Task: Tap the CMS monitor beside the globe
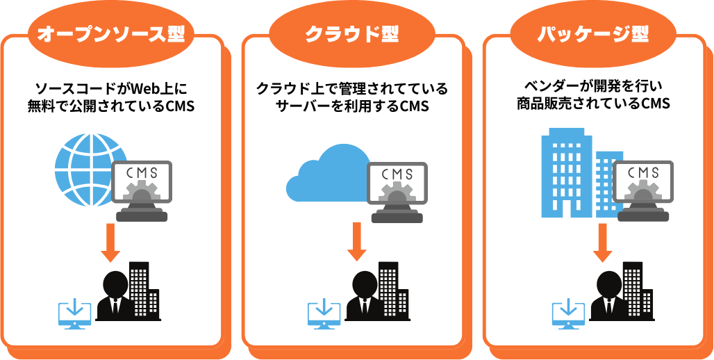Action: coord(142,188)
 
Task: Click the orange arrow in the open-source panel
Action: coord(110,243)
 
